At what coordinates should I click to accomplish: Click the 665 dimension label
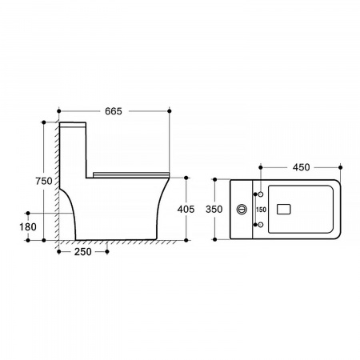point(114,111)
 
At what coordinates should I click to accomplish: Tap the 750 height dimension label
point(44,181)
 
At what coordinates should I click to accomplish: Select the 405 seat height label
point(186,210)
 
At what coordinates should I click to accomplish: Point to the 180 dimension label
point(28,227)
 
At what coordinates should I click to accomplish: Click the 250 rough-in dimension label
point(83,252)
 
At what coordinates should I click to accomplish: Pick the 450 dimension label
point(302,167)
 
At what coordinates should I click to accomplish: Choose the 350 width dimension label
point(214,210)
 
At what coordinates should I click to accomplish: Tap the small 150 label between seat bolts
point(261,210)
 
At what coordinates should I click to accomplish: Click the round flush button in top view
point(242,210)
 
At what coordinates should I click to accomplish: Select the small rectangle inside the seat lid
point(283,210)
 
